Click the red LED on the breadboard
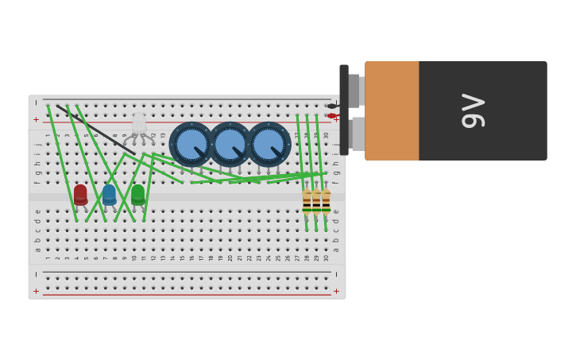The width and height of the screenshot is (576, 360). click(80, 195)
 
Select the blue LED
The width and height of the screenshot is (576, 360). click(109, 195)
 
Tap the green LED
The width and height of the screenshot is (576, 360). click(138, 195)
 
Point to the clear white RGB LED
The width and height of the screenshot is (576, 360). click(139, 123)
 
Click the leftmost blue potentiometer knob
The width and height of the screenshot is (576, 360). click(191, 144)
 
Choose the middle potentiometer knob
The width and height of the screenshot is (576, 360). click(230, 144)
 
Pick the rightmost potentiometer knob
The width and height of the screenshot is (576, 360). click(268, 144)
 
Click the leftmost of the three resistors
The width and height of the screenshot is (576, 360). click(307, 203)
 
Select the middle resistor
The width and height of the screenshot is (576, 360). click(316, 203)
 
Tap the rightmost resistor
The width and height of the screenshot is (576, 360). click(326, 203)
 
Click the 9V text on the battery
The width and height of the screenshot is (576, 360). click(473, 110)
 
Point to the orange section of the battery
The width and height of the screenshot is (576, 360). click(392, 110)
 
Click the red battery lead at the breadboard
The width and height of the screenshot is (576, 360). click(332, 116)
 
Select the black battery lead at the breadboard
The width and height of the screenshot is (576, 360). click(331, 106)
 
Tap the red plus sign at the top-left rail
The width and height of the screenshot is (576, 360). click(36, 120)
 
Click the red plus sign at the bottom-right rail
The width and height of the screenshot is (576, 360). click(336, 292)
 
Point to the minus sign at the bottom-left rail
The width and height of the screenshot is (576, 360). click(36, 274)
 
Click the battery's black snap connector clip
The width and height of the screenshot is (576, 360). click(344, 110)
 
